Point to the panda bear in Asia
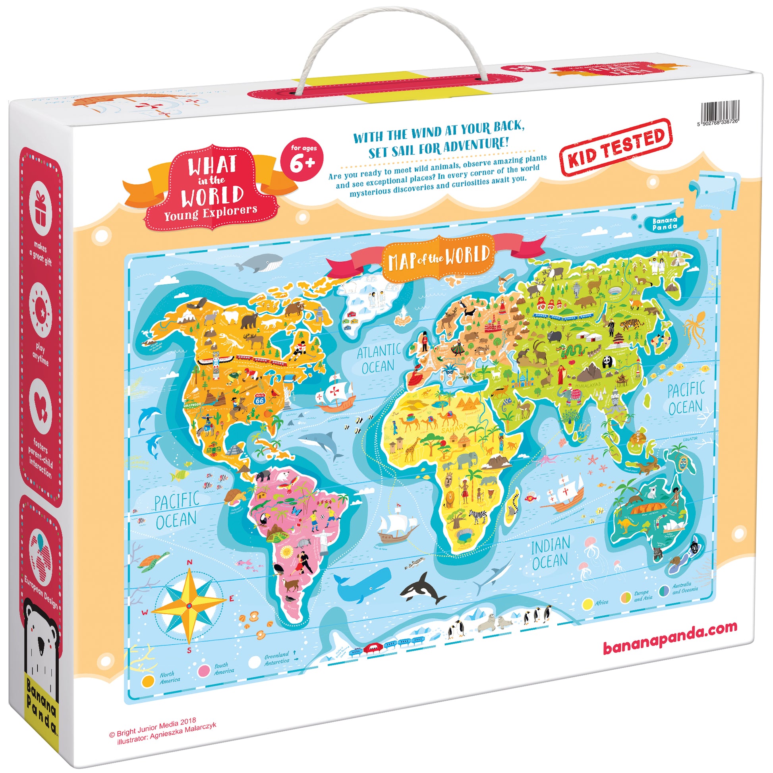pyautogui.click(x=608, y=362)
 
